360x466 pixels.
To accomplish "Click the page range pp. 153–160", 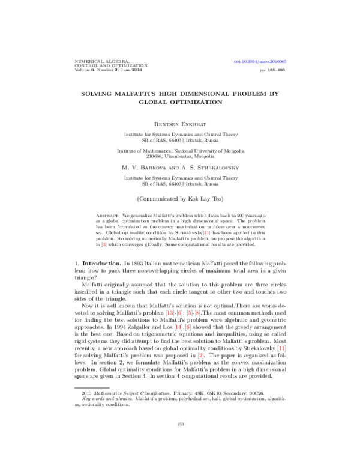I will (x=274, y=70).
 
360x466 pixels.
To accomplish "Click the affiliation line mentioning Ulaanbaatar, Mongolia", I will (x=180, y=157).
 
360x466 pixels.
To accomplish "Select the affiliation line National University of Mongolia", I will (x=180, y=151).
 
